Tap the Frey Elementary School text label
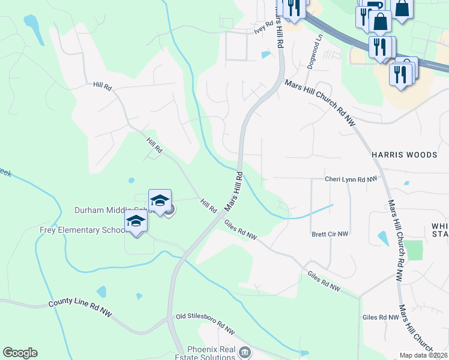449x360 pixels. click(x=82, y=230)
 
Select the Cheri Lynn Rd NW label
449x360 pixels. click(x=351, y=179)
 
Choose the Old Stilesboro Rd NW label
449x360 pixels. click(x=205, y=323)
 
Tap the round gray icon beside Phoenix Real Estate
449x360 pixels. click(x=244, y=352)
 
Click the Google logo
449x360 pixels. click(x=20, y=353)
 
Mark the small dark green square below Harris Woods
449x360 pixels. click(x=413, y=250)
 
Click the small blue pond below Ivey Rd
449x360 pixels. click(x=266, y=55)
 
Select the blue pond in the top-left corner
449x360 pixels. click(x=31, y=23)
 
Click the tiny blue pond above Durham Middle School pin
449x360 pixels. click(x=131, y=180)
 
